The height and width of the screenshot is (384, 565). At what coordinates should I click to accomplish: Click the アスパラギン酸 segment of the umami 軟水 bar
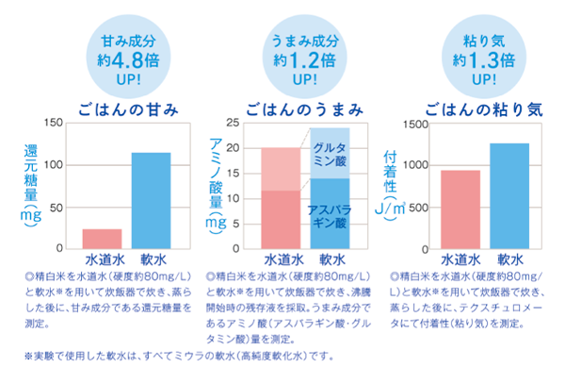[x=329, y=213]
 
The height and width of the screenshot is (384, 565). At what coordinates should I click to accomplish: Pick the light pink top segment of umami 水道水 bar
[x=281, y=169]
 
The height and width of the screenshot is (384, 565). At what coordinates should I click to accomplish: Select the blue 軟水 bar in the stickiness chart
[x=509, y=195]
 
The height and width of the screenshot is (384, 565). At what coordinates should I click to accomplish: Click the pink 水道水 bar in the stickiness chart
[x=460, y=209]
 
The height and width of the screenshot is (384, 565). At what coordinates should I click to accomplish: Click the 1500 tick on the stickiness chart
[x=415, y=124]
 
